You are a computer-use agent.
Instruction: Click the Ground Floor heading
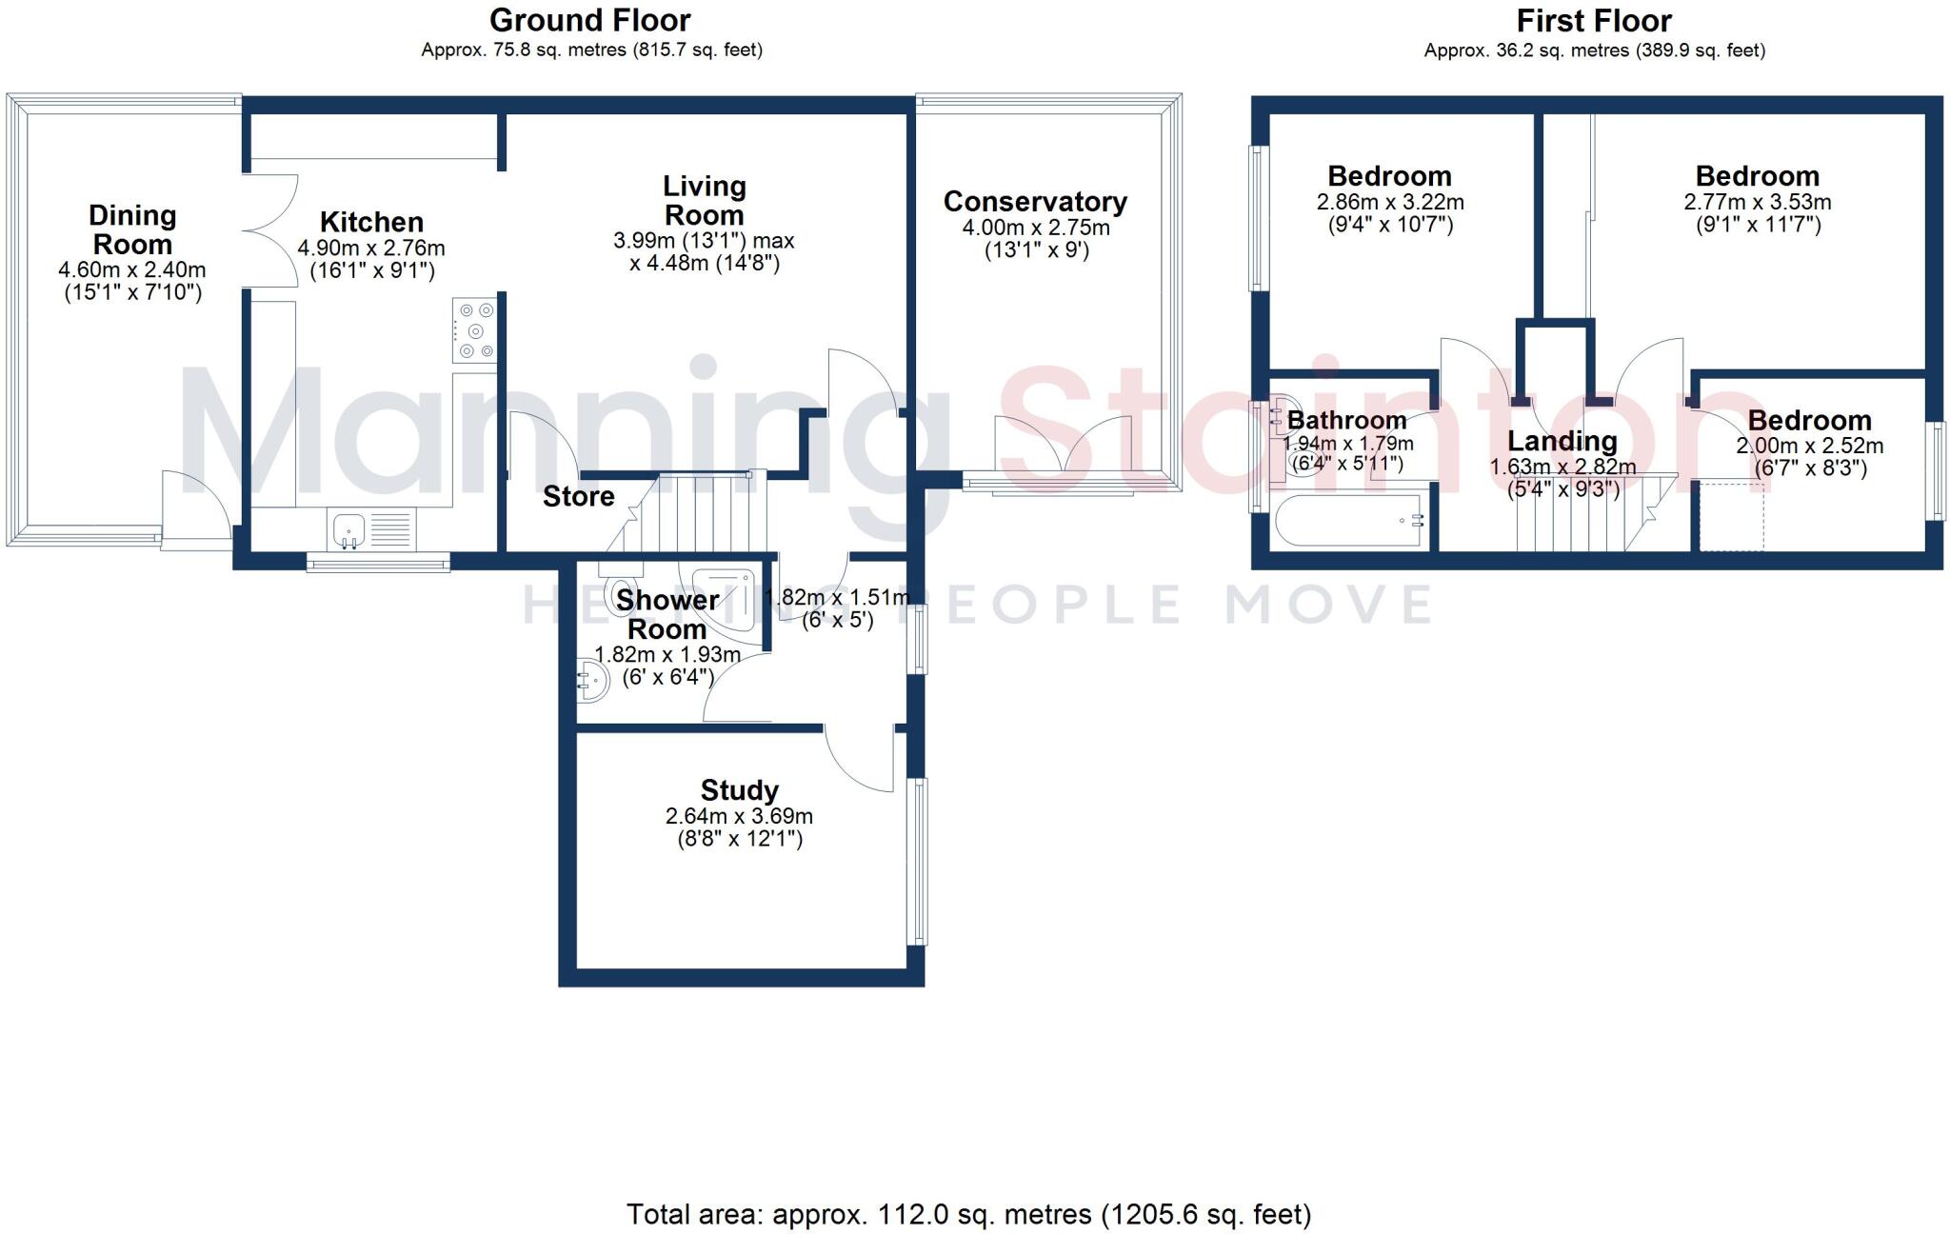[590, 20]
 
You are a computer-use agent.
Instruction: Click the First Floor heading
[1594, 21]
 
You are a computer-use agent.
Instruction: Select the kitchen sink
[348, 529]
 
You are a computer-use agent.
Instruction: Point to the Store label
[578, 496]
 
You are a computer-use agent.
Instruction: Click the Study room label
[739, 790]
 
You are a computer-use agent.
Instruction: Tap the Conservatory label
[1035, 202]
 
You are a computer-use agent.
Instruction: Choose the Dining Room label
[132, 229]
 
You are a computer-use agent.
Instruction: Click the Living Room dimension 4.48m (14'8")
[705, 264]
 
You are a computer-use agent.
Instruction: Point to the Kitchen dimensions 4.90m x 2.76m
[371, 249]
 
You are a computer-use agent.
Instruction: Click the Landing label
[1562, 441]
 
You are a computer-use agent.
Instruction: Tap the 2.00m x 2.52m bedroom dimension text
[1809, 446]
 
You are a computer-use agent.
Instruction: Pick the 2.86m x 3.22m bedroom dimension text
[1390, 202]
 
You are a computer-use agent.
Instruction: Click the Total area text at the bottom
[968, 1214]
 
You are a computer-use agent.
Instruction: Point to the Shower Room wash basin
[592, 681]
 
